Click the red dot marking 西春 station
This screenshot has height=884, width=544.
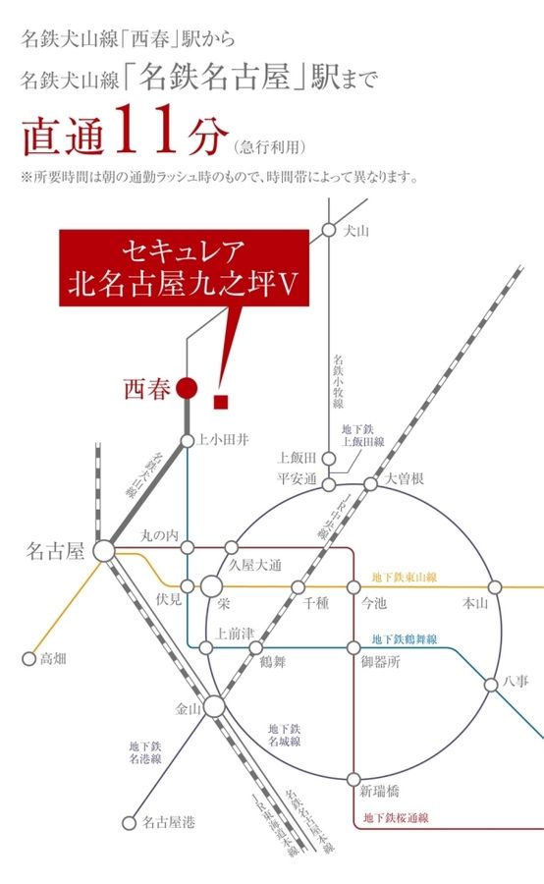pos(188,390)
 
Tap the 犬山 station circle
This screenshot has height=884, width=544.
pos(328,231)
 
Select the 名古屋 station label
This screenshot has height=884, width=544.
pos(54,553)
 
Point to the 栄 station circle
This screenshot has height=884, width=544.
pos(213,586)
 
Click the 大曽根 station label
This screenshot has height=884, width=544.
pos(404,478)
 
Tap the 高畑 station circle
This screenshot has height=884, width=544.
pos(28,659)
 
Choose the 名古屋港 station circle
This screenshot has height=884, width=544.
pos(128,823)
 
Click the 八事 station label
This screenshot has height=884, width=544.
pos(517,679)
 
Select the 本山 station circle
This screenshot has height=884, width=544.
pos(494,587)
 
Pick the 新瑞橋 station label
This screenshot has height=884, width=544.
pos(379,792)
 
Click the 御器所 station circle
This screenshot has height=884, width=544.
pos(354,648)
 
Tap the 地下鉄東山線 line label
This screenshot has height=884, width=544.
pos(405,578)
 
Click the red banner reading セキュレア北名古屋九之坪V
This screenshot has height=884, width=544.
pos(184,266)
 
